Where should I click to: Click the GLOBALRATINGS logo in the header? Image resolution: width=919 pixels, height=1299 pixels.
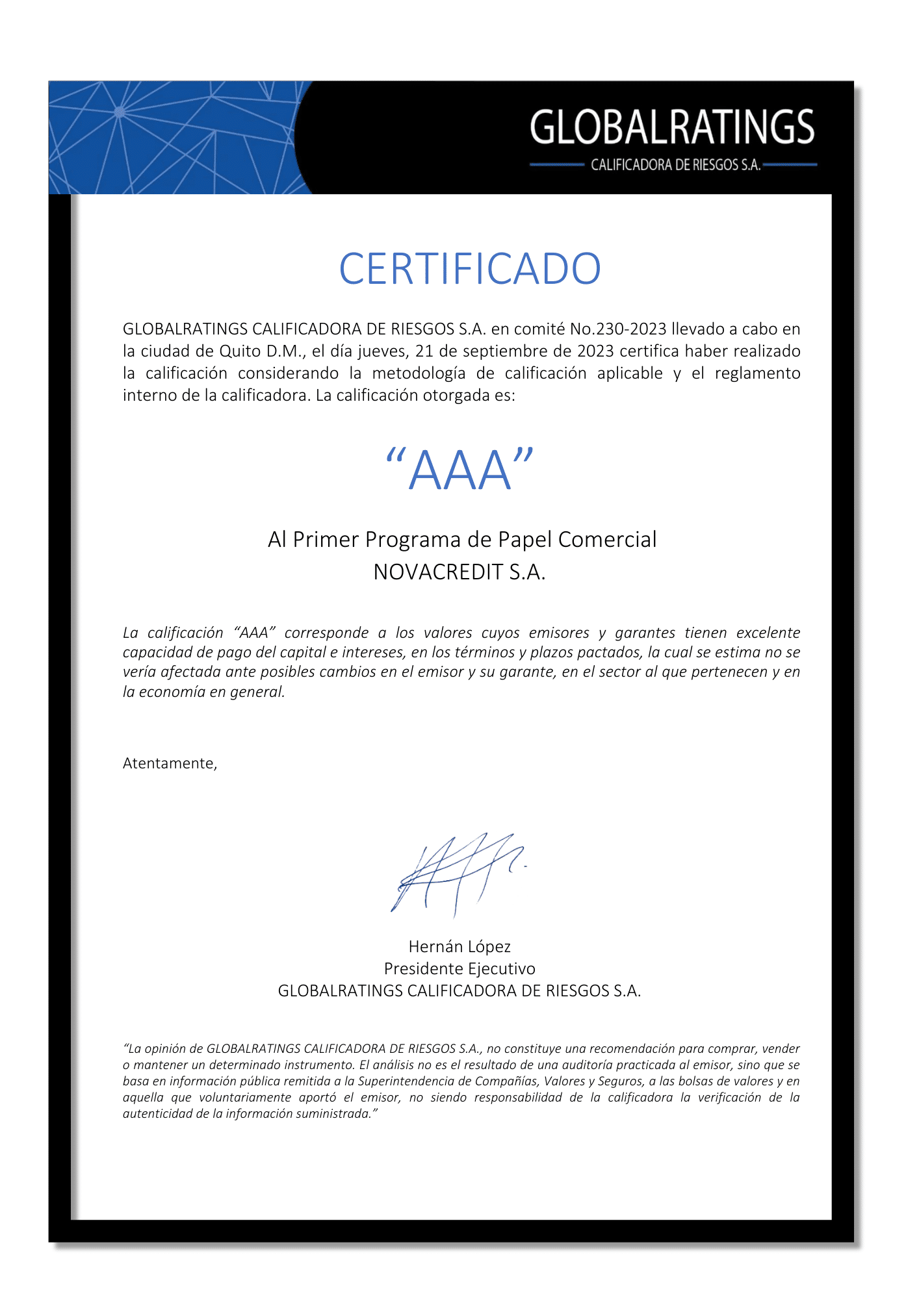point(672,127)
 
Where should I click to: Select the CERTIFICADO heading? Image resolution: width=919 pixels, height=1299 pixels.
point(469,269)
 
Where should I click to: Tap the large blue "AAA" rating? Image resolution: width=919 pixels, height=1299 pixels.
point(459,470)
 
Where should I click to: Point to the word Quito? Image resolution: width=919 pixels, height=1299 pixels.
point(240,351)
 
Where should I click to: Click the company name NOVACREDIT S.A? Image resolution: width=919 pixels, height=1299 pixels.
point(459,572)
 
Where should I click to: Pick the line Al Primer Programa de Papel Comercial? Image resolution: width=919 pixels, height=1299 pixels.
point(462,540)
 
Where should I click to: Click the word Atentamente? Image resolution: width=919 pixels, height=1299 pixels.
point(169,763)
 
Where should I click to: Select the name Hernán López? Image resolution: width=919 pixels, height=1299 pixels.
point(459,946)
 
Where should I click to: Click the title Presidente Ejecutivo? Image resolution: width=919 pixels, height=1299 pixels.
point(459,968)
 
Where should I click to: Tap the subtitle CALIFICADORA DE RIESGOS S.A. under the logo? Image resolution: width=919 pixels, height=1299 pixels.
point(675,165)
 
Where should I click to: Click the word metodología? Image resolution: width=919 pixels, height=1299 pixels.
point(419,373)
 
